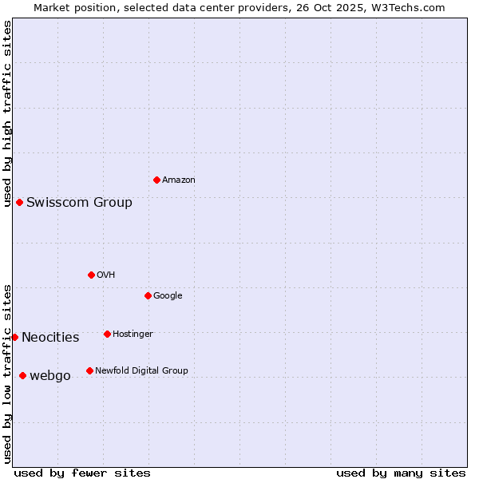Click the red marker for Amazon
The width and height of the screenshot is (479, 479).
pos(156,180)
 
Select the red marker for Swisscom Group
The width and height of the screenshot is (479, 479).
pos(19,202)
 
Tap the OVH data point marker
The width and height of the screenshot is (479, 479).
pos(91,275)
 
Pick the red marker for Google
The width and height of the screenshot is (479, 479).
pos(148,295)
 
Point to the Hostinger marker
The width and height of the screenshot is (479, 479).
pos(107,334)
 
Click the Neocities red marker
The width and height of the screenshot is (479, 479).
pos(14,337)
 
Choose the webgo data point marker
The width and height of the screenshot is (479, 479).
pos(22,375)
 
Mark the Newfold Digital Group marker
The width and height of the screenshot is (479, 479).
pos(89,370)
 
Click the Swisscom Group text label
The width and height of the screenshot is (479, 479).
pos(79,202)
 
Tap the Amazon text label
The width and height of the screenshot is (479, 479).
pos(178,180)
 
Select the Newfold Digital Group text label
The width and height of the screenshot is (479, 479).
pos(141,370)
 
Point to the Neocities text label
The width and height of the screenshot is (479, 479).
pos(50,337)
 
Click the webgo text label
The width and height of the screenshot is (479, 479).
pos(49,375)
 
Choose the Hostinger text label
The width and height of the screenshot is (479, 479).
pos(133,334)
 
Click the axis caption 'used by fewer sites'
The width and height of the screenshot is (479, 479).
pos(82,473)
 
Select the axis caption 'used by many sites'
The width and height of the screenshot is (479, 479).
pos(401,473)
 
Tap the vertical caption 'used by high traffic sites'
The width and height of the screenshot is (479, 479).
pos(7,114)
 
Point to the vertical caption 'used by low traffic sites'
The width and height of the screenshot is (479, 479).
pos(7,374)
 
